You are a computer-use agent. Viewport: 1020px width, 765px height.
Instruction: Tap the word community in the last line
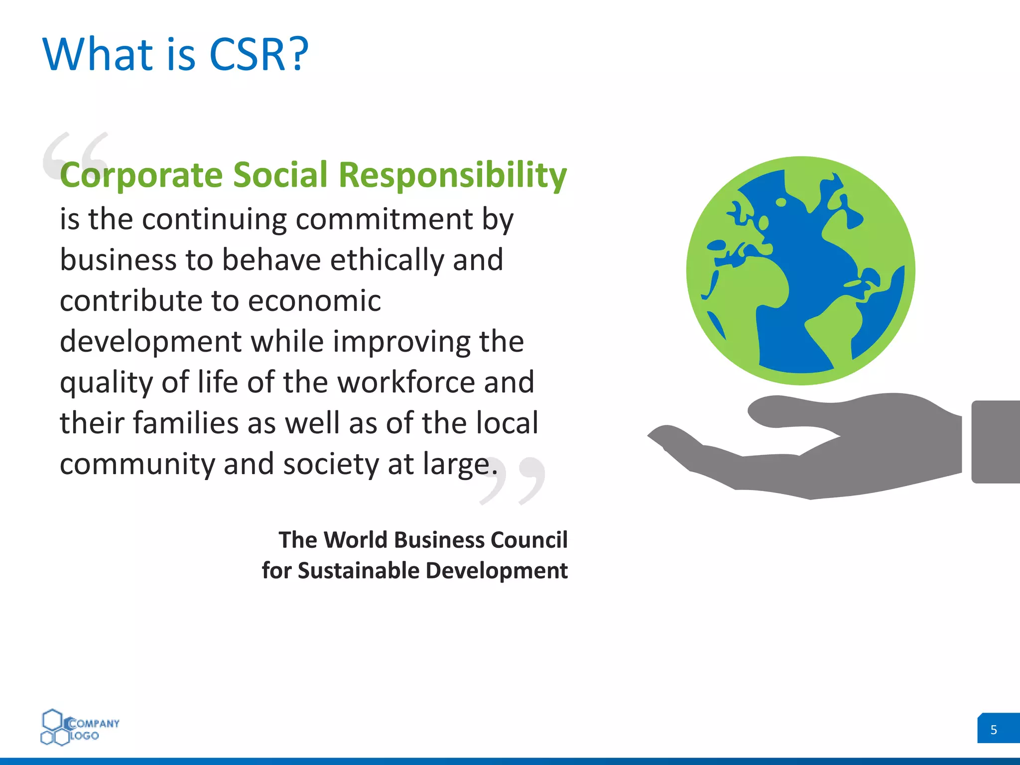(x=137, y=464)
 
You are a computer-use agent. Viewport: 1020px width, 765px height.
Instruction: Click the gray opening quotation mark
(x=75, y=154)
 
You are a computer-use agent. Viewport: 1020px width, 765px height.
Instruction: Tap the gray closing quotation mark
(x=513, y=481)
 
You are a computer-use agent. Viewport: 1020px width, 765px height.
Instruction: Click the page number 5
(x=994, y=730)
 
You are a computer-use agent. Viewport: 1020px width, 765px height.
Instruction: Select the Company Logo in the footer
(x=80, y=728)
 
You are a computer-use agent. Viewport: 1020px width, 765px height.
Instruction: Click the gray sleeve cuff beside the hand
(x=995, y=442)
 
